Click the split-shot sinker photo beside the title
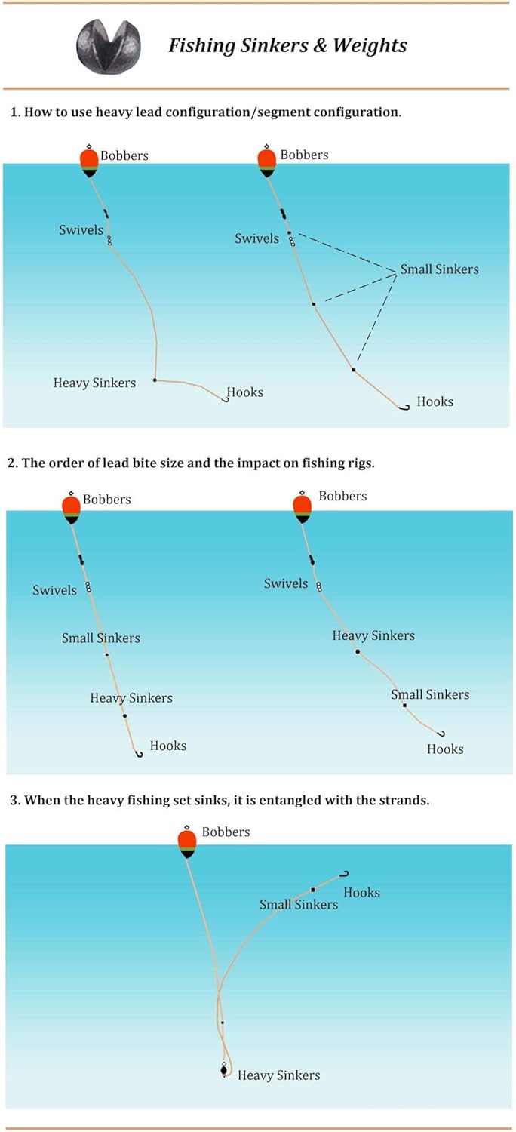click(108, 46)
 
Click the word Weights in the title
click(370, 45)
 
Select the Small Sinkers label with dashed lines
click(439, 269)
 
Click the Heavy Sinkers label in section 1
click(94, 383)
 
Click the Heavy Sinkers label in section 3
click(279, 1075)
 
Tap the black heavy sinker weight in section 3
click(224, 1069)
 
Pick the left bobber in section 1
click(89, 161)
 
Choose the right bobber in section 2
click(303, 507)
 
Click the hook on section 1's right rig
click(404, 407)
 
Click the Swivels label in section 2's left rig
click(54, 590)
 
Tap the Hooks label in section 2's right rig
click(445, 749)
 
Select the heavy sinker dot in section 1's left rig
click(155, 380)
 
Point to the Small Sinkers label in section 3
click(299, 905)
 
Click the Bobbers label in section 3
click(226, 832)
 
